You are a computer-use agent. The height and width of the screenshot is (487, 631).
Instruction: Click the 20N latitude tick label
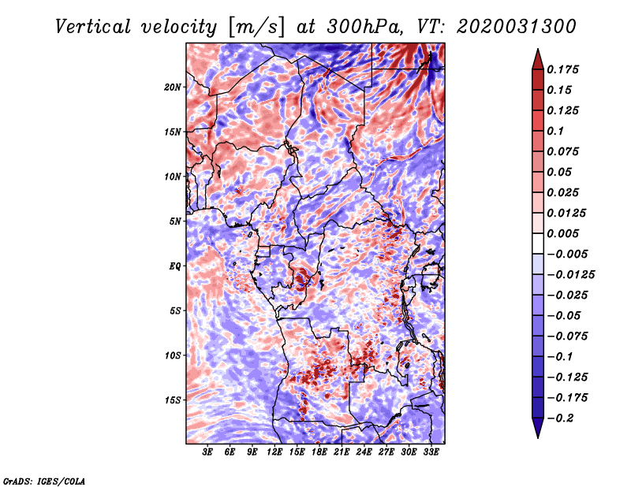pyautogui.click(x=173, y=87)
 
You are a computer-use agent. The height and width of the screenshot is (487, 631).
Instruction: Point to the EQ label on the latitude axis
pyautogui.click(x=175, y=266)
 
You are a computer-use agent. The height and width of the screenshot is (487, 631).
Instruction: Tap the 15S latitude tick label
pyautogui.click(x=173, y=400)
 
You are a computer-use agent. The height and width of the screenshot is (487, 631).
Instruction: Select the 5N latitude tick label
pyautogui.click(x=175, y=221)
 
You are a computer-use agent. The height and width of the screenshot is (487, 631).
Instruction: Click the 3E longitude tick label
pyautogui.click(x=207, y=452)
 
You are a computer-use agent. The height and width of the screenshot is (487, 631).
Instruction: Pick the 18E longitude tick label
pyautogui.click(x=319, y=452)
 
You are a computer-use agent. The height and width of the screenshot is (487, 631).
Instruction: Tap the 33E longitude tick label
pyautogui.click(x=431, y=452)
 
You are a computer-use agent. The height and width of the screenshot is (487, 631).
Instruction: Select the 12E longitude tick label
pyautogui.click(x=274, y=452)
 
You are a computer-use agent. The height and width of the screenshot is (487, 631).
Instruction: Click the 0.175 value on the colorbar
pyautogui.click(x=562, y=69)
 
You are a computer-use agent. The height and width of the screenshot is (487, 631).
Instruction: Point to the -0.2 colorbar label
pyautogui.click(x=560, y=418)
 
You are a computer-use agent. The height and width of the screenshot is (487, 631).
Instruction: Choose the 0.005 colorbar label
pyautogui.click(x=562, y=233)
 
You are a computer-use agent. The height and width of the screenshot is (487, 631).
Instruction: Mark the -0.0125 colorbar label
pyautogui.click(x=570, y=275)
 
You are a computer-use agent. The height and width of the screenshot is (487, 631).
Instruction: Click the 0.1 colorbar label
pyautogui.click(x=555, y=131)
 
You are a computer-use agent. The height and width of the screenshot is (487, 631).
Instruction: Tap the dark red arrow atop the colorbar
pyautogui.click(x=538, y=59)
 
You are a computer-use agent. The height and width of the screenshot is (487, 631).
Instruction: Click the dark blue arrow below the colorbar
pyautogui.click(x=538, y=428)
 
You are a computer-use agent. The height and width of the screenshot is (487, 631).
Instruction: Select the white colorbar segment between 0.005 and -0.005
pyautogui.click(x=538, y=243)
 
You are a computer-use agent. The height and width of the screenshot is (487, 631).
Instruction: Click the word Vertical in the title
pyautogui.click(x=93, y=27)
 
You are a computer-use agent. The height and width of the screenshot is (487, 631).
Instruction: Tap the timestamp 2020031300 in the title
pyautogui.click(x=517, y=27)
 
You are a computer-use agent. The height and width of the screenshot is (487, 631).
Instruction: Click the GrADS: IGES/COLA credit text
pyautogui.click(x=44, y=481)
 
